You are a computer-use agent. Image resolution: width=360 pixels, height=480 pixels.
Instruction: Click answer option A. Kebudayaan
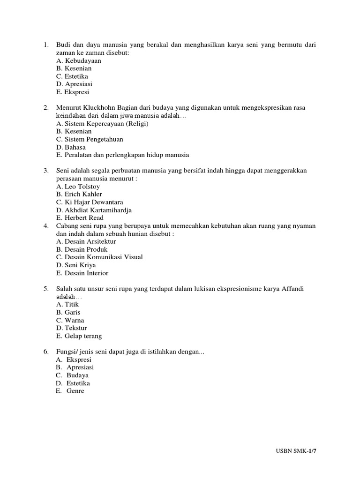(x=78, y=60)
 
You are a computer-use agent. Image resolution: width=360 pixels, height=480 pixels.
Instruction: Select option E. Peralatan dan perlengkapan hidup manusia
(x=122, y=155)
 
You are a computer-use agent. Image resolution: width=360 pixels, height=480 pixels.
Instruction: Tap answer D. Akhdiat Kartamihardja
(x=94, y=210)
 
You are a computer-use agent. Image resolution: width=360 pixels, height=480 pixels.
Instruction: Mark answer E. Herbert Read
(x=80, y=218)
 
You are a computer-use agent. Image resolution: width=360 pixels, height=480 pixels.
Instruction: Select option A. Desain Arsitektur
(x=86, y=241)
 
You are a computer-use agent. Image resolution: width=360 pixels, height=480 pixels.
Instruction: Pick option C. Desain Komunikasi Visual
(x=99, y=257)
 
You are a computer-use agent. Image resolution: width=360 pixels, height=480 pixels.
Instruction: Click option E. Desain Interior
(x=82, y=273)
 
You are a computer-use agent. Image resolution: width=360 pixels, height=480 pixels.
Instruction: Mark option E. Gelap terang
(x=79, y=336)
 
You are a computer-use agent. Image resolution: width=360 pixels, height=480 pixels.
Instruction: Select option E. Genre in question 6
(x=70, y=391)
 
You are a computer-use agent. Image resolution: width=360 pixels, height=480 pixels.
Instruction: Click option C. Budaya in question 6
(x=72, y=375)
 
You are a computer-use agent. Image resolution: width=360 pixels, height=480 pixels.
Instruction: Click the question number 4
(x=46, y=226)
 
